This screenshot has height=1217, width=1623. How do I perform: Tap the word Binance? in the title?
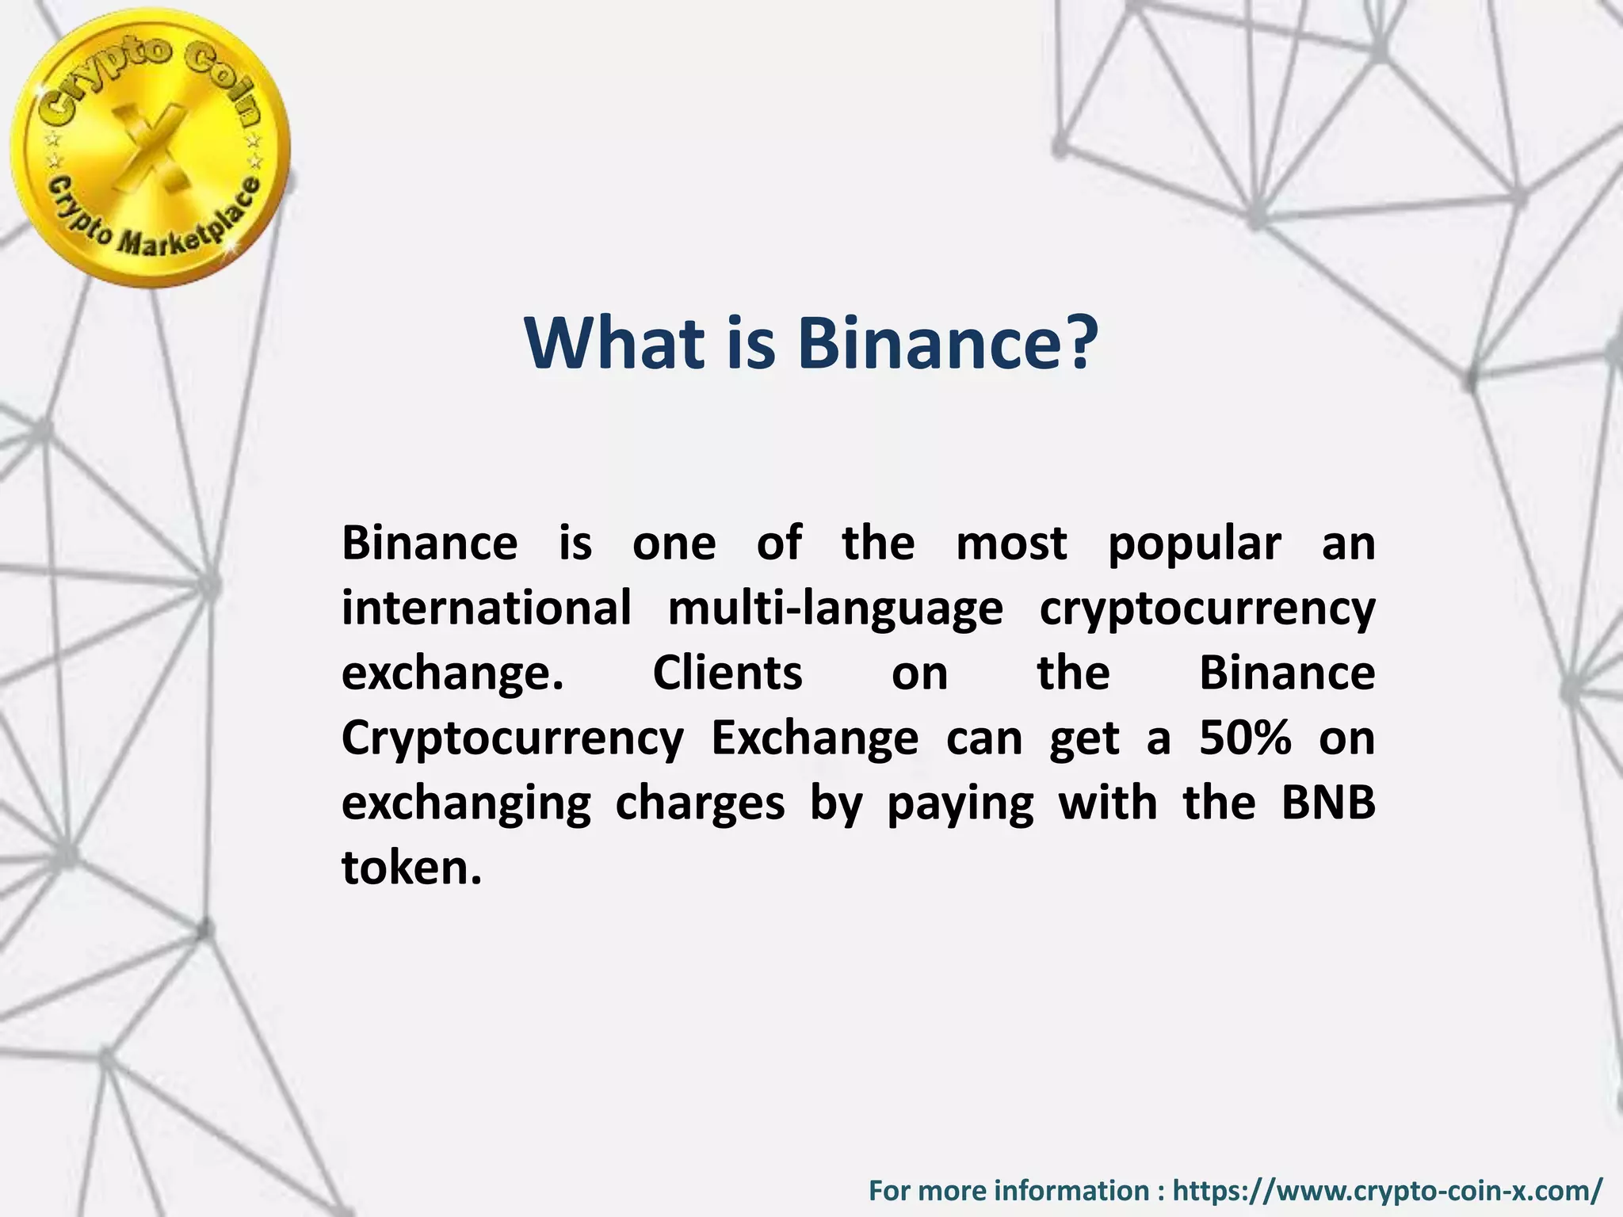coord(948,343)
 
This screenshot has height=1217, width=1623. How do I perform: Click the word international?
coord(486,608)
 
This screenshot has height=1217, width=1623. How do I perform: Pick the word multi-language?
coord(835,608)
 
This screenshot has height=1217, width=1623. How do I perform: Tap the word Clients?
coord(727,673)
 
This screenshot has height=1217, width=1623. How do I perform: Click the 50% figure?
coord(1245,738)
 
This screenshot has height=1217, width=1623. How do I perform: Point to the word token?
coord(411,868)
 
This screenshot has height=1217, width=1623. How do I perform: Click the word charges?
coord(700,803)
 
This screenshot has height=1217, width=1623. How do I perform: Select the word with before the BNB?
coord(1108,803)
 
